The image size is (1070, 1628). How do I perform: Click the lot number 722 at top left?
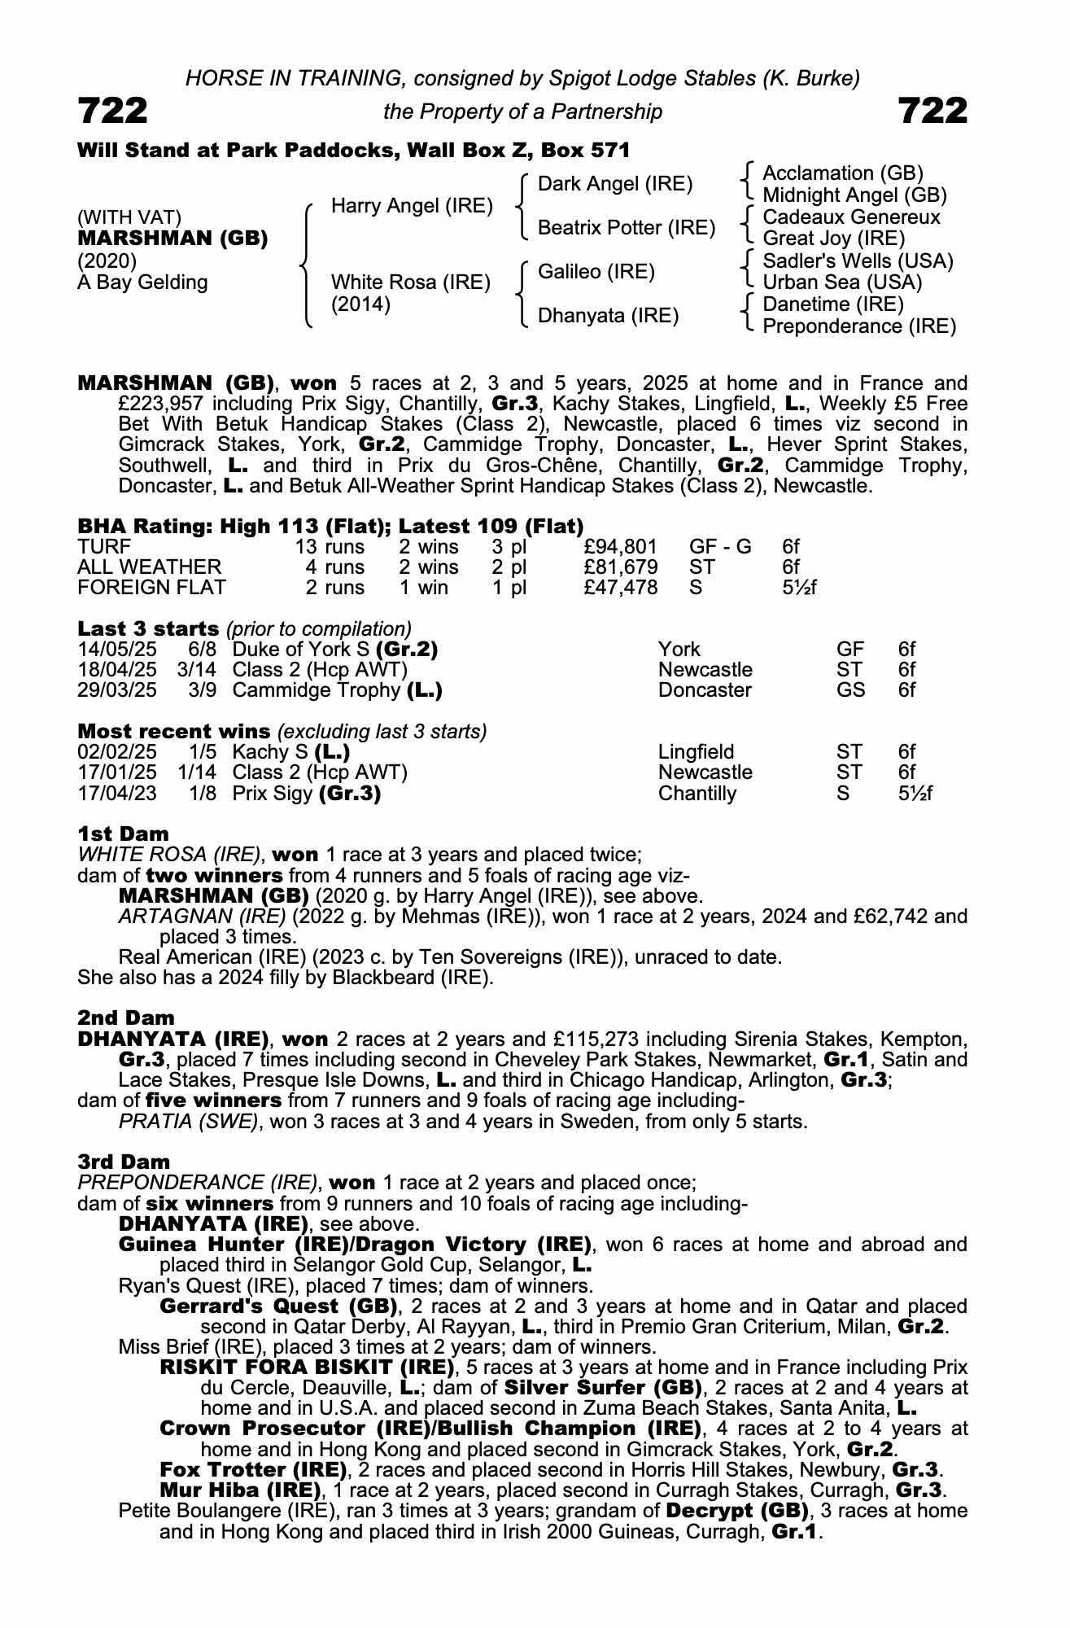click(x=113, y=112)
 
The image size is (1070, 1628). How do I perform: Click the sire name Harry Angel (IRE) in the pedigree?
click(x=412, y=206)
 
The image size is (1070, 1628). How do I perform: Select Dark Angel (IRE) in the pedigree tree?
click(x=615, y=184)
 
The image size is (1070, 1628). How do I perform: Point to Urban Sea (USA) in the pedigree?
click(x=842, y=282)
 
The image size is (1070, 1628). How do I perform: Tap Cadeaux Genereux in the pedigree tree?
click(x=851, y=217)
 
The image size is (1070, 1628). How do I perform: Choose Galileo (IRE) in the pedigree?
click(x=596, y=272)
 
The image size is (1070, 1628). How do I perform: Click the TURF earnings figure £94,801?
click(x=620, y=547)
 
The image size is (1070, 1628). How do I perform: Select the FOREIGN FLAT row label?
click(x=151, y=588)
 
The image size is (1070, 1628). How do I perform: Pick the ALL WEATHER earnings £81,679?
click(x=620, y=567)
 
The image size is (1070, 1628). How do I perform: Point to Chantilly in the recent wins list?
click(x=697, y=794)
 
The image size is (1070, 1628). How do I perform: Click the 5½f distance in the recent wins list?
click(x=915, y=794)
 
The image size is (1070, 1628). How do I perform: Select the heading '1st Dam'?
click(x=123, y=834)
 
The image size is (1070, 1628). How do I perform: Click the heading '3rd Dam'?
click(x=124, y=1162)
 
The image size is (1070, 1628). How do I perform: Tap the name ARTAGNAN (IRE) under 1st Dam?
click(x=201, y=917)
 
